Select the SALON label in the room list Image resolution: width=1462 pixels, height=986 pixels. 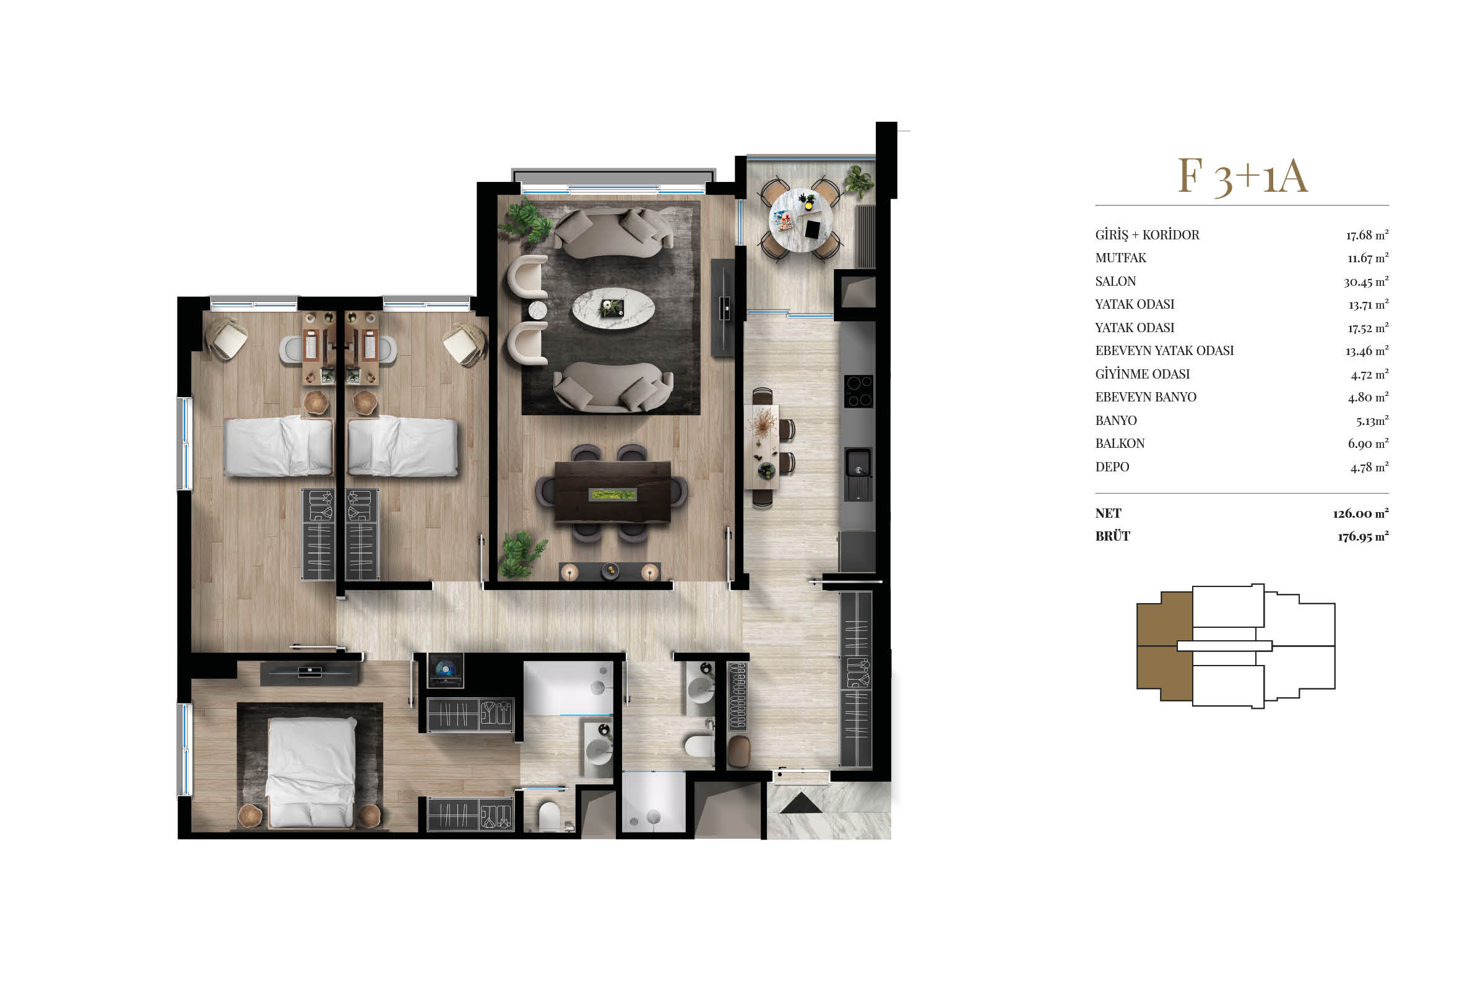coord(1115,281)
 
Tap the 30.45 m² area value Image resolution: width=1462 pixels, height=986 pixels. coord(1365,281)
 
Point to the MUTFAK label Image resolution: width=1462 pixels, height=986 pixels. coord(1120,258)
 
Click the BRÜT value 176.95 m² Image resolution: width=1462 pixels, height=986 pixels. coord(1362,536)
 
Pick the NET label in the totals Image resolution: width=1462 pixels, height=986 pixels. coord(1108,513)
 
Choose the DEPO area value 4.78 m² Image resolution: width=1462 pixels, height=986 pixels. coord(1369,466)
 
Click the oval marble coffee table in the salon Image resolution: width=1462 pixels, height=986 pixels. coord(613,308)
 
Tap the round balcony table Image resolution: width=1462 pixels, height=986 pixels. coord(801,220)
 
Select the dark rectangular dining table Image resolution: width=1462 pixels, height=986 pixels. coord(613,492)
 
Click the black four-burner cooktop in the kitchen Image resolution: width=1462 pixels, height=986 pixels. coord(858,391)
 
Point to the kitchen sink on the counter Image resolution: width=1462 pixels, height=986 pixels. coord(857,473)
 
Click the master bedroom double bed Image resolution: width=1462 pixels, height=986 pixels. coord(311,773)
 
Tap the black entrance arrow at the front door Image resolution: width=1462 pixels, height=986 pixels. coord(801,804)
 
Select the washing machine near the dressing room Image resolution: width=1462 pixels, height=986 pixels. coord(446,671)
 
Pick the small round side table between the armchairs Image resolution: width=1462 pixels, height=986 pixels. coord(537,311)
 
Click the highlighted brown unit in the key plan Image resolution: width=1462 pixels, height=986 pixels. coord(1164,646)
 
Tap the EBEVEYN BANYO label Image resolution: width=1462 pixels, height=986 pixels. coord(1146,397)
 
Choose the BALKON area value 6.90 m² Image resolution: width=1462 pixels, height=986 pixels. coord(1368,444)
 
